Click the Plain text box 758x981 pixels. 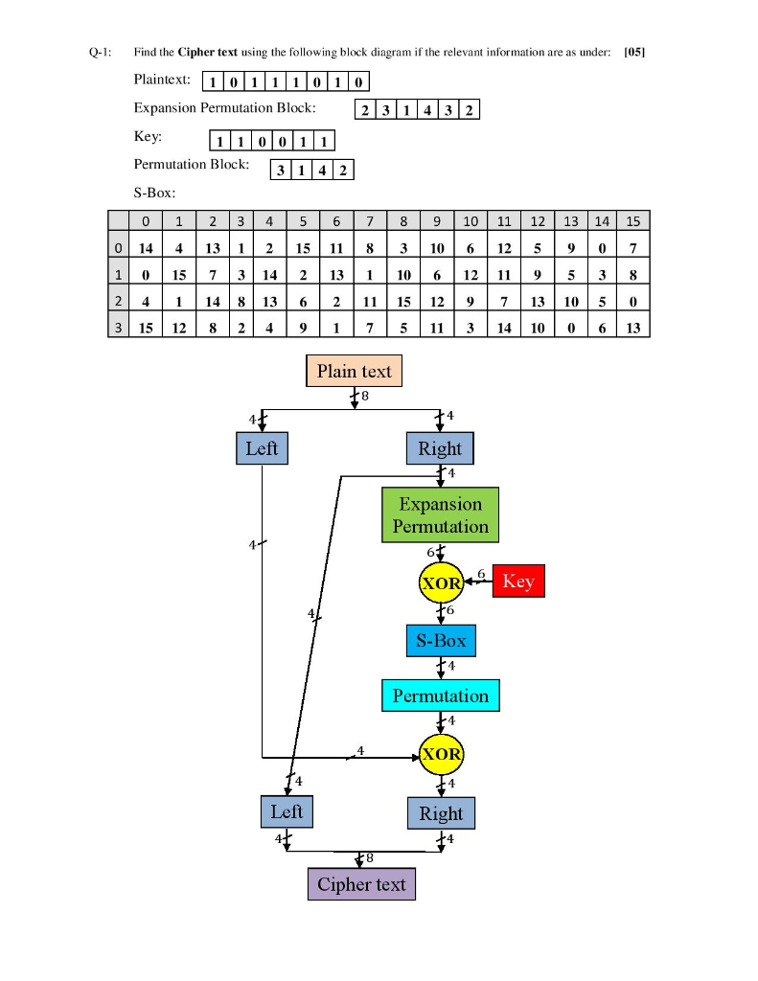[x=354, y=371]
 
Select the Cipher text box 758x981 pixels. [x=361, y=884]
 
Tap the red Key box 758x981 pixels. [x=518, y=582]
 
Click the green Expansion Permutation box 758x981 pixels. [x=440, y=514]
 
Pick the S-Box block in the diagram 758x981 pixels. [x=440, y=640]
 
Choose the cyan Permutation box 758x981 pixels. [x=440, y=696]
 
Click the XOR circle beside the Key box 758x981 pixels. [x=441, y=582]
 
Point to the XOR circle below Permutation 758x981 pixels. [x=441, y=754]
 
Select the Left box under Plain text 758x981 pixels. [x=262, y=448]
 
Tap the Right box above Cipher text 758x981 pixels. [x=441, y=813]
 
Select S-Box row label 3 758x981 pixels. [x=117, y=327]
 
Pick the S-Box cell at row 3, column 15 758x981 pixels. [x=632, y=327]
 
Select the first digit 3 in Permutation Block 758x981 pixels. [x=279, y=171]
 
